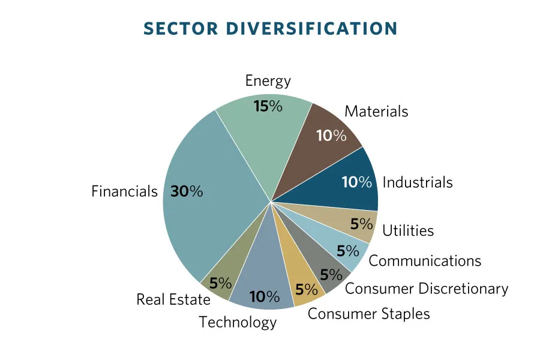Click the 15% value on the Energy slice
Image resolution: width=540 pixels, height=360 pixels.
click(x=268, y=106)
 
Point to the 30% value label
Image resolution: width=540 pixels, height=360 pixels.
click(x=187, y=191)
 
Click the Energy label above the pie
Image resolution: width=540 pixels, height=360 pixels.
click(x=268, y=80)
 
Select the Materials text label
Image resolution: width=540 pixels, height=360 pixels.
click(x=376, y=111)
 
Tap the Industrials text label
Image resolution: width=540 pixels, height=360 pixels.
click(x=418, y=182)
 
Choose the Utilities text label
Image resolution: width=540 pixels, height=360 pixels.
click(x=408, y=230)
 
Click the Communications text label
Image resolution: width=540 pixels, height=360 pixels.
click(x=425, y=260)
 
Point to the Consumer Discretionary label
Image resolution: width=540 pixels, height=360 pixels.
click(x=427, y=289)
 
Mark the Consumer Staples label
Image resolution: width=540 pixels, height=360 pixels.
click(x=368, y=313)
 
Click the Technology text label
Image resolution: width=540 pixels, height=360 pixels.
click(x=238, y=322)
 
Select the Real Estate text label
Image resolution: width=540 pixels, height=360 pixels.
click(x=173, y=299)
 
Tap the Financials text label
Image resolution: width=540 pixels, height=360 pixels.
click(x=124, y=191)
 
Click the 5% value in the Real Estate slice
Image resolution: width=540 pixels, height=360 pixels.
click(x=221, y=283)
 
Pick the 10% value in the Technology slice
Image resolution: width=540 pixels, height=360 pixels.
click(x=265, y=296)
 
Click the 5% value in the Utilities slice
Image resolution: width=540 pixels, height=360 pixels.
click(x=362, y=224)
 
